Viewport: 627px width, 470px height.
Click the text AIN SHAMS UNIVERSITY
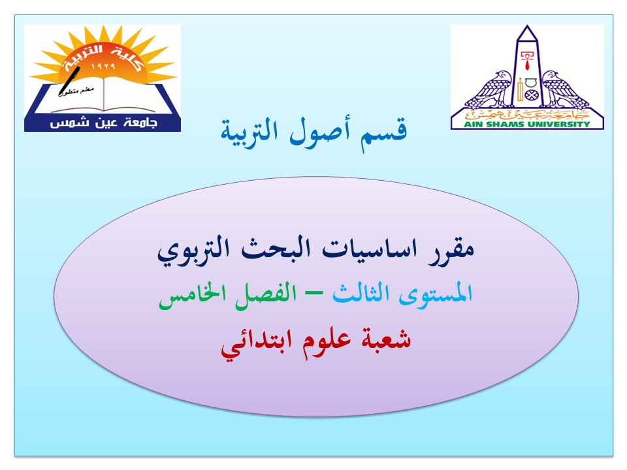pos(526,124)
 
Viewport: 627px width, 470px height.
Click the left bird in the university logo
pos(490,89)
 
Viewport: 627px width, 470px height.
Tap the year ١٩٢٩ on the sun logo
pos(103,66)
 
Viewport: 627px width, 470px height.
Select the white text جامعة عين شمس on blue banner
pos(103,122)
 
